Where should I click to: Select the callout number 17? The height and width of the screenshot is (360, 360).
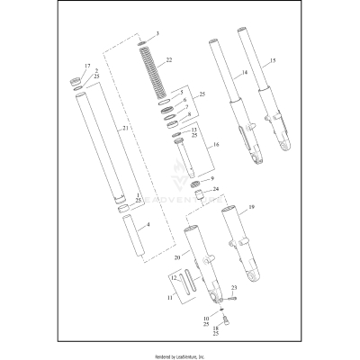(x=87, y=67)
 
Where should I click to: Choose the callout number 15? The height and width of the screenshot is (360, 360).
(x=274, y=60)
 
